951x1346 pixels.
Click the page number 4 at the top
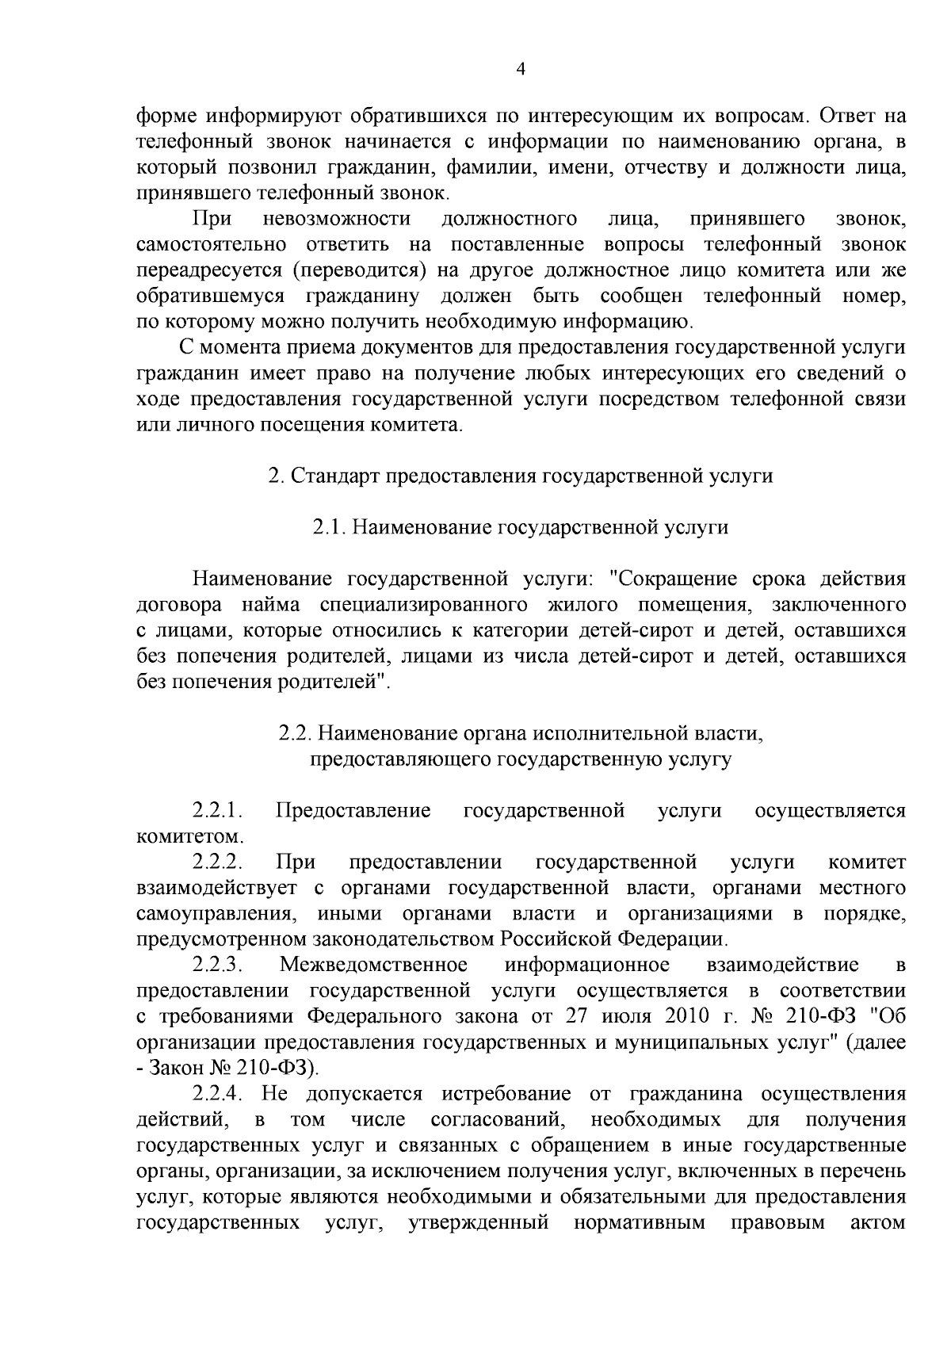[x=521, y=69]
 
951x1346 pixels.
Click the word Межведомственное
[x=373, y=965]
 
